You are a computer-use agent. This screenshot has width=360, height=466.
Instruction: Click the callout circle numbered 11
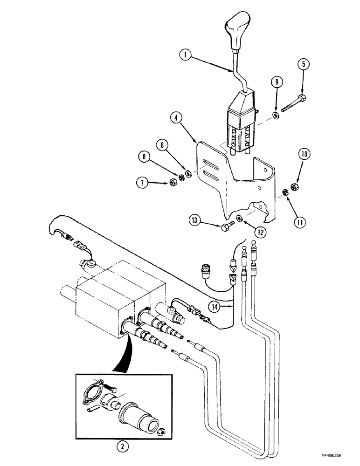301,222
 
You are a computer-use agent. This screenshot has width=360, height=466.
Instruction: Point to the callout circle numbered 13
195,220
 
